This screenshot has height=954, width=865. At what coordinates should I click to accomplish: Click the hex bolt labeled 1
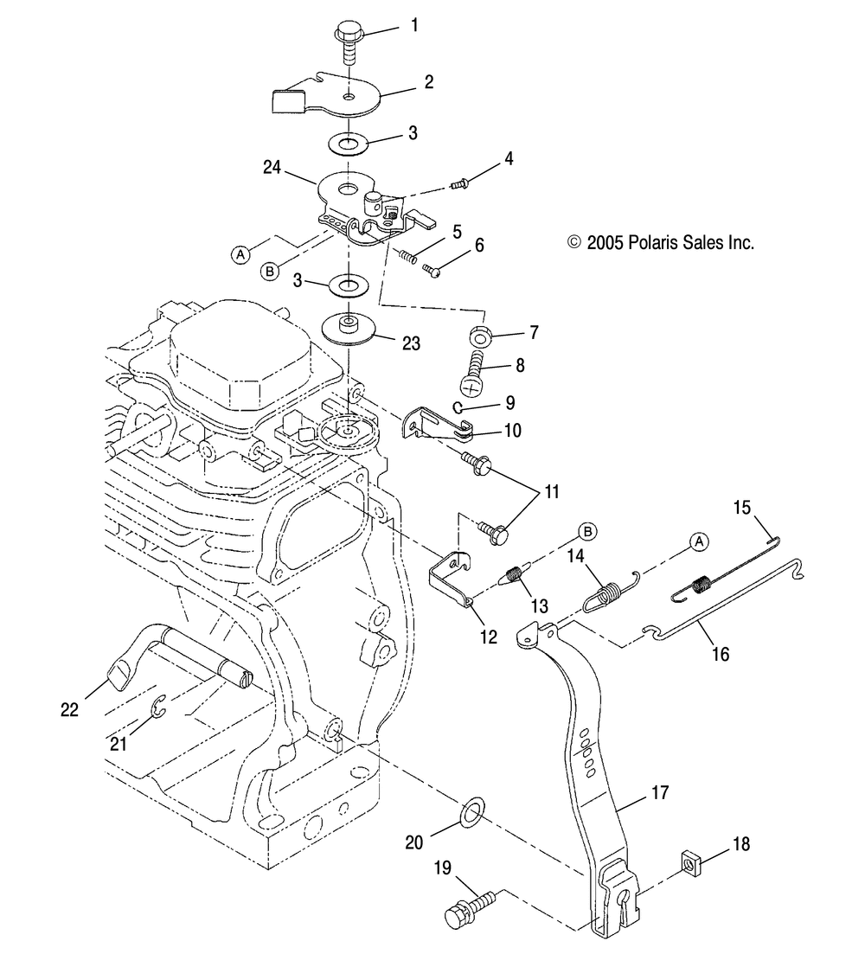(349, 42)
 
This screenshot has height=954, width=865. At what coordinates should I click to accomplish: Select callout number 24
(272, 167)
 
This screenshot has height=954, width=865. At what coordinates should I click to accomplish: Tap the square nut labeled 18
(690, 861)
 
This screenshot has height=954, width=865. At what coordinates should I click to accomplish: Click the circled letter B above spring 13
(587, 531)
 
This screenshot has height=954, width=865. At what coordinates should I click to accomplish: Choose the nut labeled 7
(481, 335)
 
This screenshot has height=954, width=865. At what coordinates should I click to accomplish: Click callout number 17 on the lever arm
(660, 792)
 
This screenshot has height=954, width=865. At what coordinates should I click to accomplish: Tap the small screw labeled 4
(458, 182)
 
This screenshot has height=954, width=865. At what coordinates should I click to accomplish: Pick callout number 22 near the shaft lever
(69, 709)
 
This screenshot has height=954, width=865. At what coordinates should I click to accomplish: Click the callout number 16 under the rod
(721, 654)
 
